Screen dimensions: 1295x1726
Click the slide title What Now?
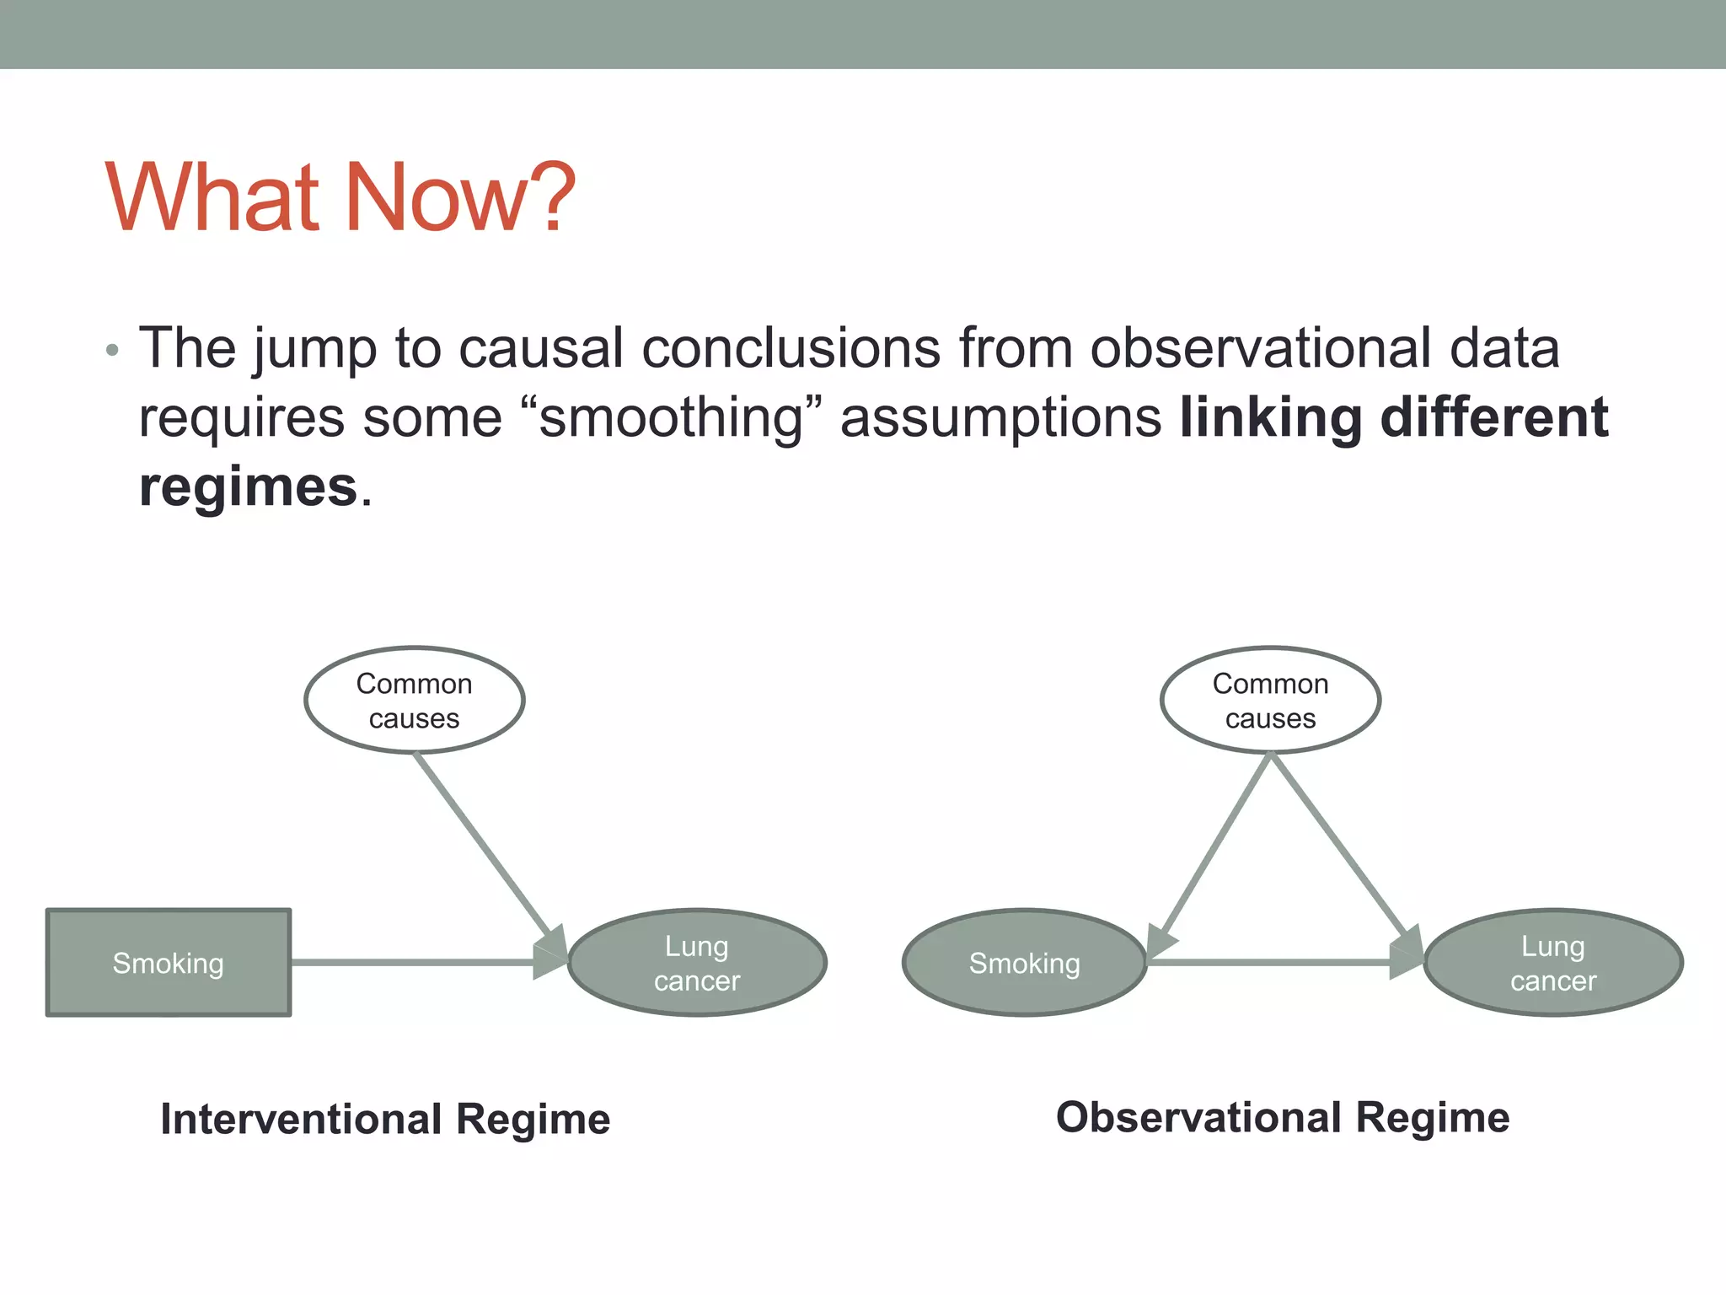[340, 197]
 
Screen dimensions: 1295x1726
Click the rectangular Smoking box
[169, 963]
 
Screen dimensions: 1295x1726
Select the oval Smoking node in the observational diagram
[1024, 963]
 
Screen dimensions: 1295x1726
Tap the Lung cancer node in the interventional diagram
[697, 963]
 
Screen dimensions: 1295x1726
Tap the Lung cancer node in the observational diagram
[1552, 963]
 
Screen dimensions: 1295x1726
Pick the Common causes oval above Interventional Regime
[414, 700]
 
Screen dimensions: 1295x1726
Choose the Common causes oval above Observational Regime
[1270, 700]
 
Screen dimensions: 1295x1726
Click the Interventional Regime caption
[385, 1120]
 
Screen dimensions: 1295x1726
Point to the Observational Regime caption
[1283, 1118]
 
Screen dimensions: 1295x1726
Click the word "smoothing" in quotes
[671, 418]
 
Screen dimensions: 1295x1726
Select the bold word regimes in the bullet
[249, 487]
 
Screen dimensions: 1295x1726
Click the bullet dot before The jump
[112, 350]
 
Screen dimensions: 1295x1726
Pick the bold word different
[1493, 418]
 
